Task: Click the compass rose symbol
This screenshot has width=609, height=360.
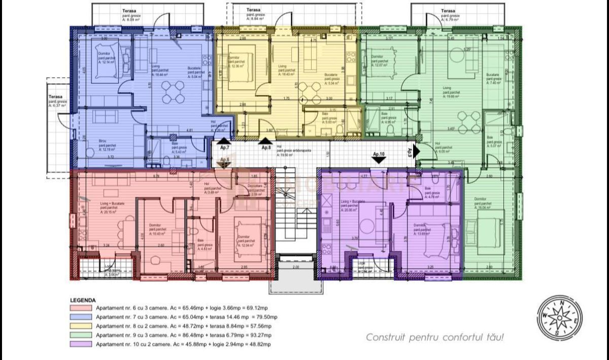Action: (560, 318)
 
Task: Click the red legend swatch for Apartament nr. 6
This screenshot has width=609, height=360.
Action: (81, 308)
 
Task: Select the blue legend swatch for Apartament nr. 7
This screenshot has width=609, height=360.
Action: (81, 317)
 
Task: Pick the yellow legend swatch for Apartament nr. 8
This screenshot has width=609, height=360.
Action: (81, 326)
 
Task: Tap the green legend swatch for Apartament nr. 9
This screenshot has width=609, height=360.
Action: (81, 335)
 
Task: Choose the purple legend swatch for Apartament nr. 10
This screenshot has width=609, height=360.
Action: (81, 344)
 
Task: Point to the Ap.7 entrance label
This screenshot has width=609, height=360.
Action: (224, 148)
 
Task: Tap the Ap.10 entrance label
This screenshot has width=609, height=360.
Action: (379, 154)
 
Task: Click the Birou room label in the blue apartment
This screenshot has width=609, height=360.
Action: (103, 142)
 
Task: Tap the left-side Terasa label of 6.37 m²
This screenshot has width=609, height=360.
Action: (55, 96)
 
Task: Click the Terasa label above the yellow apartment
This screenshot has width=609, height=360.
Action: (253, 10)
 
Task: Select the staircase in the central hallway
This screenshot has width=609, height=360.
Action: (296, 213)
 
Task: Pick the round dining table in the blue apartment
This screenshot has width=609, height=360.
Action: (174, 92)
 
